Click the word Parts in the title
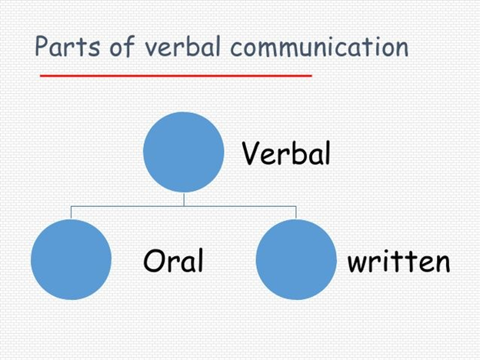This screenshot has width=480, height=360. pyautogui.click(x=68, y=46)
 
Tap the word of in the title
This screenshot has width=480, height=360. pyautogui.click(x=122, y=46)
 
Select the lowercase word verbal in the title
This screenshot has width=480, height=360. pyautogui.click(x=182, y=46)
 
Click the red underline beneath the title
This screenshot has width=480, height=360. pyautogui.click(x=176, y=75)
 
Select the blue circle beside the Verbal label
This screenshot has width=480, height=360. pyautogui.click(x=184, y=152)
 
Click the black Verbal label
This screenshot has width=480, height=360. pyautogui.click(x=286, y=153)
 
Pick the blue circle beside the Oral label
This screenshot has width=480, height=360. pyautogui.click(x=71, y=259)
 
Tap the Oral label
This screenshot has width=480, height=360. pyautogui.click(x=173, y=260)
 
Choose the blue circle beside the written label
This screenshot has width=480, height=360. pyautogui.click(x=296, y=259)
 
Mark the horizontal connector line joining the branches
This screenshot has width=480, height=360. pyautogui.click(x=184, y=206)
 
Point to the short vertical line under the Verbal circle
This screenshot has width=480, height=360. pyautogui.click(x=184, y=199)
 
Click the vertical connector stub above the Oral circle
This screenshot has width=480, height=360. pyautogui.click(x=71, y=212)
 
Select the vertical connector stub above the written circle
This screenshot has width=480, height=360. pyautogui.click(x=296, y=212)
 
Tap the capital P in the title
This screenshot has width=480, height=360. pyautogui.click(x=42, y=46)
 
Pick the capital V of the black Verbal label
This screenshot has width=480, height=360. pyautogui.click(x=252, y=153)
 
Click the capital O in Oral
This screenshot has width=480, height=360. pyautogui.click(x=155, y=260)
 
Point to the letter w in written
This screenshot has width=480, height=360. pyautogui.click(x=358, y=263)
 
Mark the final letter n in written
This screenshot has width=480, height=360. pyautogui.click(x=442, y=263)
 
